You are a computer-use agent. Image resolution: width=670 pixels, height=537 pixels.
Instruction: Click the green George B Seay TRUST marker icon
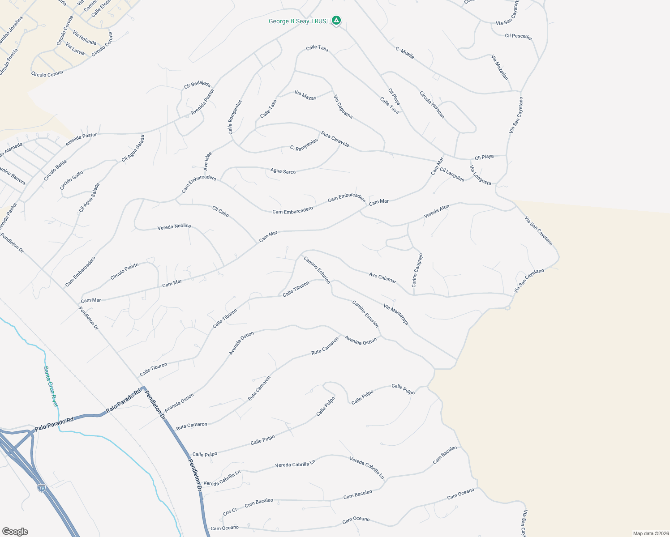pos(336,20)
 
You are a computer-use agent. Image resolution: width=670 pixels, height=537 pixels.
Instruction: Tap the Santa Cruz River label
pos(51,386)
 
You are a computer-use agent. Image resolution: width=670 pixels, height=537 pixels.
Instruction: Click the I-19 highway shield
pos(41,487)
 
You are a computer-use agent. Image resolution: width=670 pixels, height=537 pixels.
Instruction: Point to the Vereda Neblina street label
pos(174,227)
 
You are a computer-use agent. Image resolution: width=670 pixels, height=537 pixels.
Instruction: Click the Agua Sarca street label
pos(283,171)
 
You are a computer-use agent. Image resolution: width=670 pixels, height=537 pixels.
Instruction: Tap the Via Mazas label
pos(305,95)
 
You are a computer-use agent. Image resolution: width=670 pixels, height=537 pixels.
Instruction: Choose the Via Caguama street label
pos(343,107)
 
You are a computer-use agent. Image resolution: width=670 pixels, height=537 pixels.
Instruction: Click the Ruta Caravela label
pos(335,139)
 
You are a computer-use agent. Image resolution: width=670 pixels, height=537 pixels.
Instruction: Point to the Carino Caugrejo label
pos(417,270)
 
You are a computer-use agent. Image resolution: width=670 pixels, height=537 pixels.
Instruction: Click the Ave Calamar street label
pos(382,277)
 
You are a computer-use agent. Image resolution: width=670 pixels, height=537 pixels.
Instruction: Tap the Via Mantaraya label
pos(396,314)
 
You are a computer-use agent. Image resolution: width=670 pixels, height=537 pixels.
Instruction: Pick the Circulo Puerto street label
pos(125,272)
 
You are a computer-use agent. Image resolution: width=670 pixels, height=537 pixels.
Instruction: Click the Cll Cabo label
pos(220,211)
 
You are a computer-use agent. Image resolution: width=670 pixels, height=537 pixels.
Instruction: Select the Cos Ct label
pos(230,511)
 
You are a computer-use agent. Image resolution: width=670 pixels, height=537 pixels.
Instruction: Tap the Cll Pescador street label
pos(518,36)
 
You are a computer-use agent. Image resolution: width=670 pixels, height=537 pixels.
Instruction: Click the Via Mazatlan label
pos(500,68)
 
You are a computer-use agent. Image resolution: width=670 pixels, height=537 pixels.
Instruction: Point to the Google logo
pos(15,532)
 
